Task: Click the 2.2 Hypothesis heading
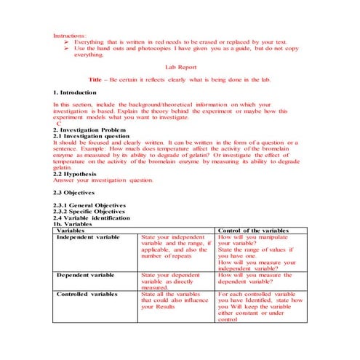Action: tap(77, 173)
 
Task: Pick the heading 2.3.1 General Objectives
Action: tap(89, 205)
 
